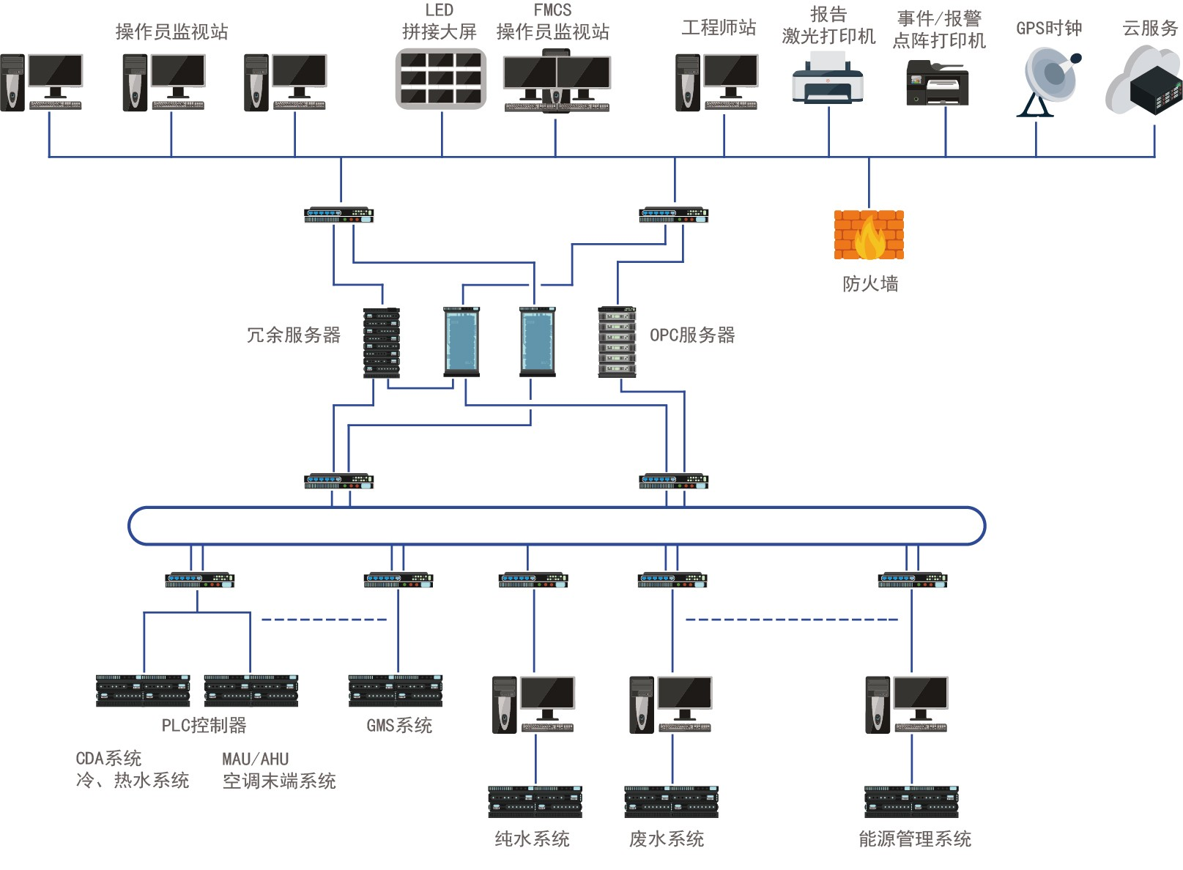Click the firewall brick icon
tap(869, 235)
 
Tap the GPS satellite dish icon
tap(1048, 81)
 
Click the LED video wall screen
tap(441, 78)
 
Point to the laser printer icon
tap(828, 82)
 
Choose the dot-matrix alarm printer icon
tap(938, 83)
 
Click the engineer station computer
tap(716, 82)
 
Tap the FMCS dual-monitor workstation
tap(557, 81)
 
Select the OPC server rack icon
tap(617, 341)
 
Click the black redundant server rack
tap(382, 342)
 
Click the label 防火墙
tap(870, 284)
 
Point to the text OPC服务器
tap(692, 335)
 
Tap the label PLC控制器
tap(204, 726)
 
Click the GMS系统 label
tap(399, 726)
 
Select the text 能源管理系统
tap(915, 839)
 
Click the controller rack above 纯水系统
tap(535, 801)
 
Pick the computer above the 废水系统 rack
tap(670, 704)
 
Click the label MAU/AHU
tap(256, 759)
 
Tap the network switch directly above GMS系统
tap(398, 580)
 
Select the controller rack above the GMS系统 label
tap(396, 690)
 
